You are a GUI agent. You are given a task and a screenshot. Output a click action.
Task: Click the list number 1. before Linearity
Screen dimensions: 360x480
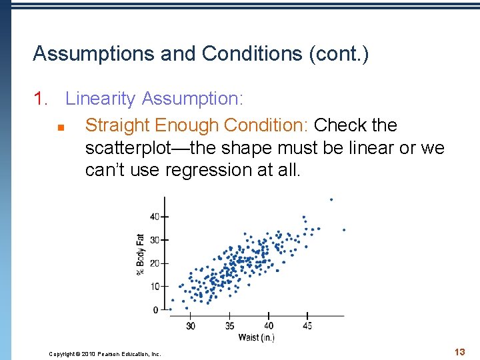[x=42, y=99]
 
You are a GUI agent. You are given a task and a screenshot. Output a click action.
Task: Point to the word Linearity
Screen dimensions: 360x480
[x=101, y=99]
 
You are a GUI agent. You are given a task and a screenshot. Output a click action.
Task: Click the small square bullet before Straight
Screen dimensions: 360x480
[x=59, y=127]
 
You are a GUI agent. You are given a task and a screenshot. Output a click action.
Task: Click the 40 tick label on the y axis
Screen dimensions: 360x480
[x=155, y=217]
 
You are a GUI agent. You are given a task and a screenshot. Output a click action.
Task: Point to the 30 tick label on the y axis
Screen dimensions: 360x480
[x=155, y=240]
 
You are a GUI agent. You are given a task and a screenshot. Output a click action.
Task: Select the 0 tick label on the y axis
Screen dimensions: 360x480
[x=157, y=310]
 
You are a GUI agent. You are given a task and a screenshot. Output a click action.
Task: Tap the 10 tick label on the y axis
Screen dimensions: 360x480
[x=155, y=287]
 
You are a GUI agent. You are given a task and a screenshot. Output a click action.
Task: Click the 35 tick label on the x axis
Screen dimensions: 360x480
[x=229, y=326]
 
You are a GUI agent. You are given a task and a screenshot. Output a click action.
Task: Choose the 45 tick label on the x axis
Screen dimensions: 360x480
[x=307, y=326]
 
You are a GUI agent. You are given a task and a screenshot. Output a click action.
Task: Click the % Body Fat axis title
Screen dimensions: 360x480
[x=140, y=253]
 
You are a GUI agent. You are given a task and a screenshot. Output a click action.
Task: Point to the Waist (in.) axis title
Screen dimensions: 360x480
[x=257, y=338]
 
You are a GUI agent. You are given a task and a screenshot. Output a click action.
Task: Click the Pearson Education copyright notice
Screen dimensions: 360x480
[x=105, y=354]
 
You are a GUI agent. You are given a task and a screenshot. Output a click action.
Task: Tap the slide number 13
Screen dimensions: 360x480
[x=459, y=351]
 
